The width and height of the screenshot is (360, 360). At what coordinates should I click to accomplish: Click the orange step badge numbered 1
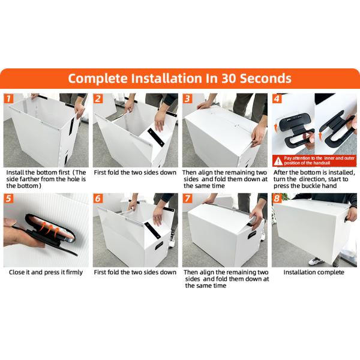click(x=9, y=98)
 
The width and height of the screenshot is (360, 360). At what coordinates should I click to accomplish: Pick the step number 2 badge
click(x=98, y=98)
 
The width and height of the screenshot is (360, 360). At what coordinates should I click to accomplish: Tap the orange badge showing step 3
click(x=188, y=98)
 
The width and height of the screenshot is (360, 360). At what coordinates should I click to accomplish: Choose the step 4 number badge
click(x=277, y=98)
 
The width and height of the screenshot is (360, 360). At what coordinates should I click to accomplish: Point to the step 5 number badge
click(x=9, y=199)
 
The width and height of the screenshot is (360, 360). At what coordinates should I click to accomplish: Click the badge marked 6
click(x=98, y=199)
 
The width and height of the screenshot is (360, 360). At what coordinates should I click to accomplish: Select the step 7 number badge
click(x=188, y=199)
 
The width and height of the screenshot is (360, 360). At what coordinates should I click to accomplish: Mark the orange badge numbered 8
click(x=277, y=199)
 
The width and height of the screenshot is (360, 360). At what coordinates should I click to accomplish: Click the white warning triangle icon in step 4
click(x=278, y=161)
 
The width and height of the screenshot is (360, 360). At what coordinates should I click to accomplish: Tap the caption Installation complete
click(x=314, y=272)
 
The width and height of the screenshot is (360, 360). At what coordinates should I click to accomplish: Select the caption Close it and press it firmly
click(x=45, y=272)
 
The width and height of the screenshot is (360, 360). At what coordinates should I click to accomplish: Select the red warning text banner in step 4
click(x=314, y=161)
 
